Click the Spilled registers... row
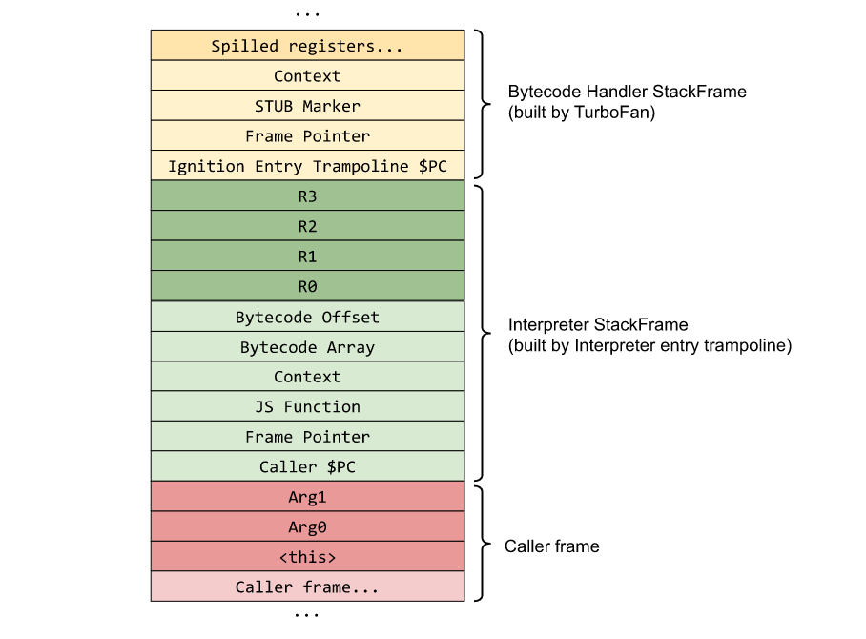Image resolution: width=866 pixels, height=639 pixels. point(307,46)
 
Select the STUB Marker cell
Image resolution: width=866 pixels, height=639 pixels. point(307,106)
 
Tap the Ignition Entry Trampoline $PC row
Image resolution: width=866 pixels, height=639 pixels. point(307,166)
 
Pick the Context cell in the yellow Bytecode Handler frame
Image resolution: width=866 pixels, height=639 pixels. point(307,76)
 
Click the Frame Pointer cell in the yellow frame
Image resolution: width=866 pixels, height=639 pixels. point(307,136)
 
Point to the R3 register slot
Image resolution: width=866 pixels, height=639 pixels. point(307,196)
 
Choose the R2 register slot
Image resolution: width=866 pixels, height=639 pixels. point(307,227)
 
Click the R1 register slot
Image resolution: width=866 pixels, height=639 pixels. point(307,257)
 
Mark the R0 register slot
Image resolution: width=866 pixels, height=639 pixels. point(307,287)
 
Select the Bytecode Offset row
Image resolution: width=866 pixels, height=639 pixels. point(307,318)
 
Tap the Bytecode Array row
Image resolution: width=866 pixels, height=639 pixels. point(307,347)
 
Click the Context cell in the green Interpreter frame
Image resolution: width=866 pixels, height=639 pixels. point(307,377)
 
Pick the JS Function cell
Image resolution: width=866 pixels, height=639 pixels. point(307,406)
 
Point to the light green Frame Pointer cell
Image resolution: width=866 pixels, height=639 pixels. point(307,437)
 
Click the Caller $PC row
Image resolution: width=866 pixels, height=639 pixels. point(307,467)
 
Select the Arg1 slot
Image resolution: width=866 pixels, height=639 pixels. point(307,497)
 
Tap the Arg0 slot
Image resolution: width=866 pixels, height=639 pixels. point(307,527)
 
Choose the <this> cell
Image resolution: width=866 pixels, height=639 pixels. point(307,557)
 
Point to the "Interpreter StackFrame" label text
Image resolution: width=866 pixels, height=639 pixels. point(598,325)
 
